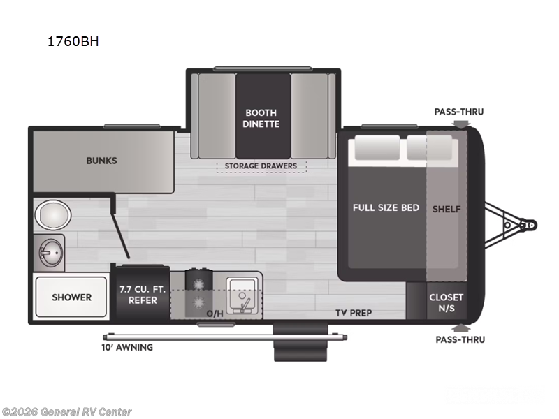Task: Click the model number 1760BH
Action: [x=73, y=41]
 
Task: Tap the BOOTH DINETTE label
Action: [x=261, y=118]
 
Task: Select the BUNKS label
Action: [x=101, y=160]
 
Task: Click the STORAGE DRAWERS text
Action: [x=261, y=166]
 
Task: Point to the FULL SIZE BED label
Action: [x=386, y=207]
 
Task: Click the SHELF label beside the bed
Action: [x=447, y=208]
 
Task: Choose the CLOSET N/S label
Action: [x=446, y=302]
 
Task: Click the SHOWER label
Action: [x=71, y=297]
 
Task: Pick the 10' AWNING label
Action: [x=126, y=346]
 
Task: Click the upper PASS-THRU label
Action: [x=458, y=112]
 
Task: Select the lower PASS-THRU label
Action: [x=458, y=339]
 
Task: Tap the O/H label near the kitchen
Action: [x=215, y=313]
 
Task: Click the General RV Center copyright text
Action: [x=67, y=412]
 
